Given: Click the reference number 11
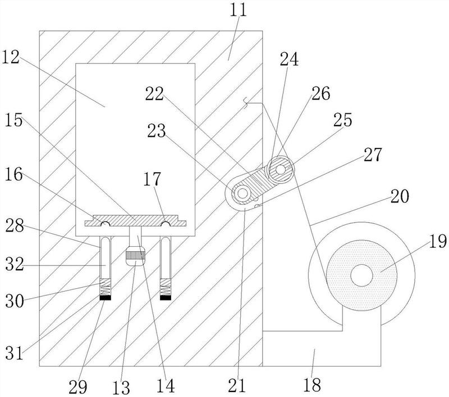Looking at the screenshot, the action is click(x=238, y=10).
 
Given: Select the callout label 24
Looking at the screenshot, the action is click(x=289, y=59).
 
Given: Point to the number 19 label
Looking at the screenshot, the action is click(x=438, y=241).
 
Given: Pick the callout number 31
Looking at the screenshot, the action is click(x=15, y=353).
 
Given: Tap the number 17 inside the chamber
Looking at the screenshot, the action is click(x=152, y=179).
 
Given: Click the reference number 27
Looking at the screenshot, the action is click(x=373, y=154).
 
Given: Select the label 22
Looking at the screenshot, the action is click(x=155, y=94).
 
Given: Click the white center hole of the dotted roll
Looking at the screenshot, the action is click(x=361, y=275).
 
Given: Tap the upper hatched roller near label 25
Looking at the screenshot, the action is click(x=281, y=169).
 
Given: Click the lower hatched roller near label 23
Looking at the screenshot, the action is click(x=243, y=193).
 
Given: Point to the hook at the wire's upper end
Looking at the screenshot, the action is click(x=246, y=103).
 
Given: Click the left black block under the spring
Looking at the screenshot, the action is click(x=105, y=298).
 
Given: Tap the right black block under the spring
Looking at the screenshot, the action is click(x=166, y=298).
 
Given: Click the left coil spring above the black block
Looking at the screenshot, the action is click(x=105, y=287).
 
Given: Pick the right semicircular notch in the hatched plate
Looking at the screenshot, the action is click(x=165, y=224).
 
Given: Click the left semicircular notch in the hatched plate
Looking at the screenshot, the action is click(x=106, y=224).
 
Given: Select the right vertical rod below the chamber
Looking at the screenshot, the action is click(x=165, y=257).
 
